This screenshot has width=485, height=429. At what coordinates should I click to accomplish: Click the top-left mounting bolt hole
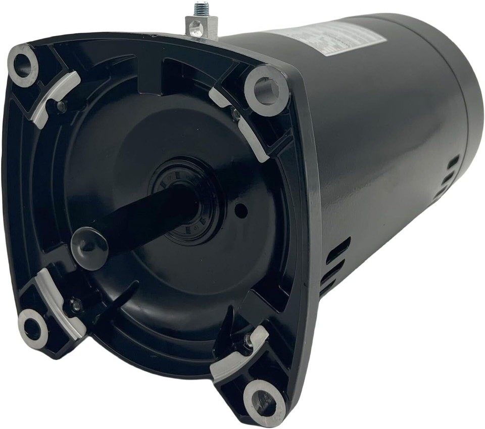[23, 65]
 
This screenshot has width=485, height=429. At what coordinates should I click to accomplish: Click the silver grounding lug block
[202, 26]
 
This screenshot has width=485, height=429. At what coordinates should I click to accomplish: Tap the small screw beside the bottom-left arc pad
[76, 305]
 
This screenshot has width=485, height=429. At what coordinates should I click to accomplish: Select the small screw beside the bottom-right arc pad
[248, 342]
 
